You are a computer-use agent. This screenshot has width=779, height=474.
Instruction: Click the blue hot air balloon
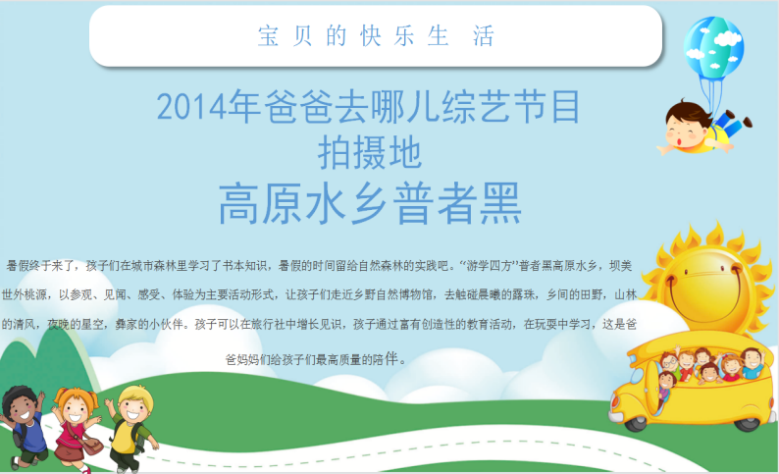click(x=713, y=47)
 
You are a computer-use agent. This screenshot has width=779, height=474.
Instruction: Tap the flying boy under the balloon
click(x=704, y=128)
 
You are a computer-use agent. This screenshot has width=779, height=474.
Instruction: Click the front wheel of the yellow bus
click(x=637, y=423)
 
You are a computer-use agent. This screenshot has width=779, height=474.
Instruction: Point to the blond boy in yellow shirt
click(x=130, y=428)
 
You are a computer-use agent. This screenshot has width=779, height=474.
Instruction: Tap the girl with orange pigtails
click(x=76, y=428)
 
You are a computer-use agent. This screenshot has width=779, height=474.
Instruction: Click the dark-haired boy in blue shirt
click(x=24, y=427)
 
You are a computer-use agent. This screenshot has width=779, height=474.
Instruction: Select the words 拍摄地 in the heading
click(x=370, y=152)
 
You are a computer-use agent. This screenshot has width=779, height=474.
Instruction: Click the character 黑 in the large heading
click(x=500, y=203)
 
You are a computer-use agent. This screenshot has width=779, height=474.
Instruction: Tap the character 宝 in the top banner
click(x=268, y=35)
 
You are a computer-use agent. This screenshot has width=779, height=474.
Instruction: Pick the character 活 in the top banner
click(x=483, y=35)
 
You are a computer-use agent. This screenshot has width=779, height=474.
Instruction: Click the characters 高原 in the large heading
click(x=261, y=203)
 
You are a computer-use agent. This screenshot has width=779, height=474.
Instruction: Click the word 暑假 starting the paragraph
click(x=18, y=266)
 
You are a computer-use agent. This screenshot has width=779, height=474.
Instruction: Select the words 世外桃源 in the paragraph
click(x=25, y=294)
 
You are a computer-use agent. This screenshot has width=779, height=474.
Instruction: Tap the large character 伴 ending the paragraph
click(x=391, y=358)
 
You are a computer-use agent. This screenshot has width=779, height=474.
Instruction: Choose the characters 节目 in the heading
click(x=545, y=106)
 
